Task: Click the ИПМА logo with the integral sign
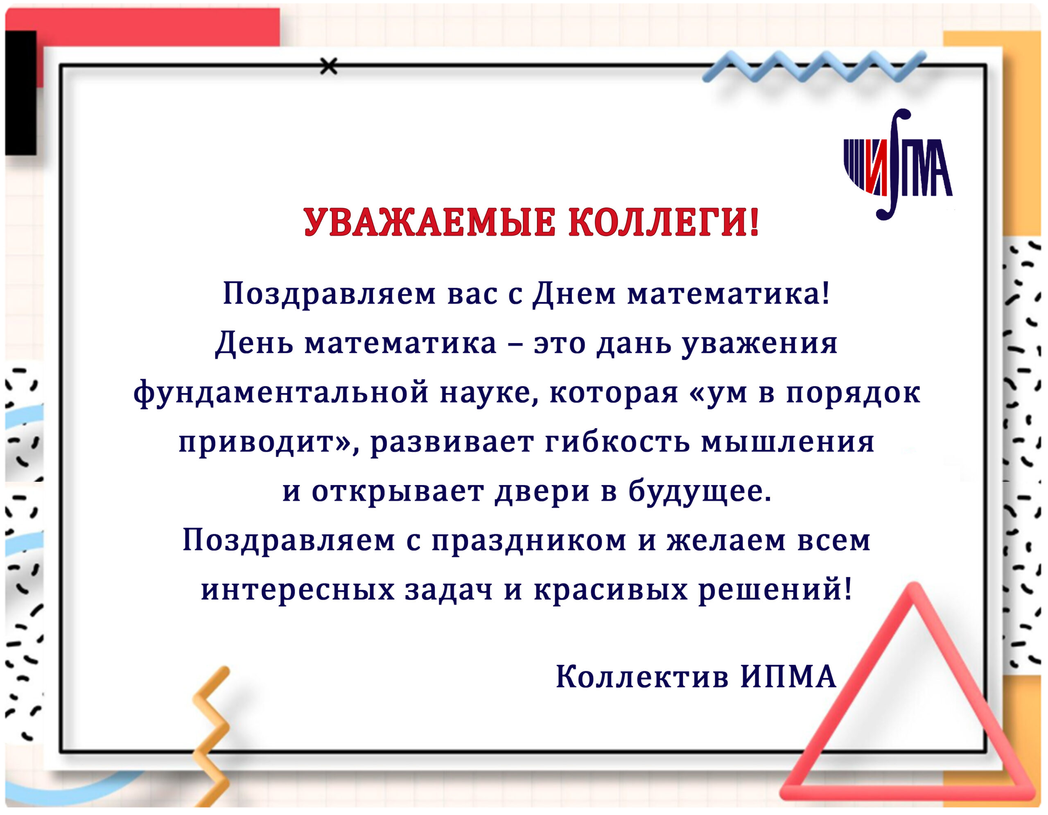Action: tap(898, 165)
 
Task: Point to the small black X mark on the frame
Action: tap(329, 66)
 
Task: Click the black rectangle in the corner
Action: tap(20, 93)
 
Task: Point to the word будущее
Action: tap(700, 492)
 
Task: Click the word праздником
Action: tap(529, 542)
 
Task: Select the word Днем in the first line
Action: tap(574, 294)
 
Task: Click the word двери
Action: tap(542, 492)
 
